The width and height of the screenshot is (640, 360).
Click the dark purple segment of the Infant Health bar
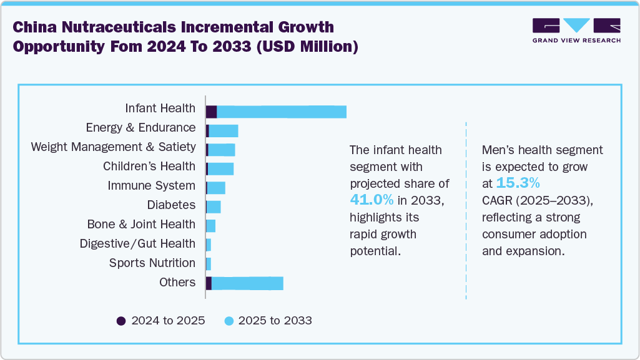[x=211, y=112]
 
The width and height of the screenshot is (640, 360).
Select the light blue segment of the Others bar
[x=247, y=283]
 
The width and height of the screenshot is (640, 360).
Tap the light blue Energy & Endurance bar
[x=224, y=131]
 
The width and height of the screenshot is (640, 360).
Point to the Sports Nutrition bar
[x=209, y=263]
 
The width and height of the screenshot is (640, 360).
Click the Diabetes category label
[x=171, y=205]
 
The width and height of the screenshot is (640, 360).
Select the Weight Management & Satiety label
[x=113, y=147]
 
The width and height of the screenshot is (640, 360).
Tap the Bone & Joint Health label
[x=141, y=225]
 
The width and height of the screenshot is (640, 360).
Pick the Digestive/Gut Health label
[x=137, y=244]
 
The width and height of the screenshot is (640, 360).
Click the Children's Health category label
[x=149, y=167]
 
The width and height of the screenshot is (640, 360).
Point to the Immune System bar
[x=216, y=188]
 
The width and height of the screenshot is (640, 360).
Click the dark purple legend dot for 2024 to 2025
[x=121, y=321]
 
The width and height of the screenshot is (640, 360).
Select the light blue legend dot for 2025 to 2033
[x=229, y=321]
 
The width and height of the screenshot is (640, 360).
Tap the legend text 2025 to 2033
[x=275, y=321]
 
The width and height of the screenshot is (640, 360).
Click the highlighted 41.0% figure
[x=372, y=200]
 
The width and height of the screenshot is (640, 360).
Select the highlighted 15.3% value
[x=518, y=183]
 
